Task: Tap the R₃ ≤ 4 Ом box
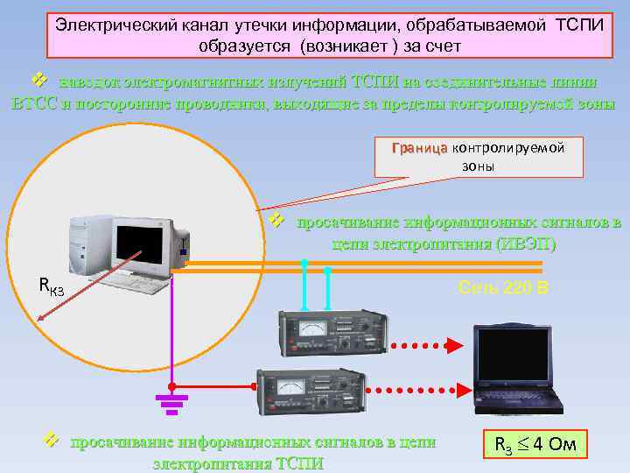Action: coord(535,445)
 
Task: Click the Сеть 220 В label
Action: coord(502,287)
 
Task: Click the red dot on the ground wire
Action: coord(172,385)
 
